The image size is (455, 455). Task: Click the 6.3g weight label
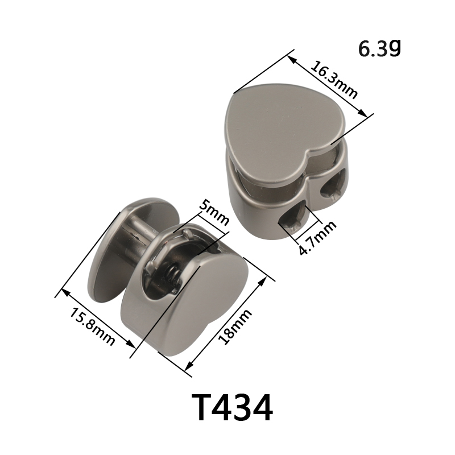[379, 48]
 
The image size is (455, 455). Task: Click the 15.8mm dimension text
[92, 326]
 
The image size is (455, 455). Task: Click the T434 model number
[232, 407]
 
